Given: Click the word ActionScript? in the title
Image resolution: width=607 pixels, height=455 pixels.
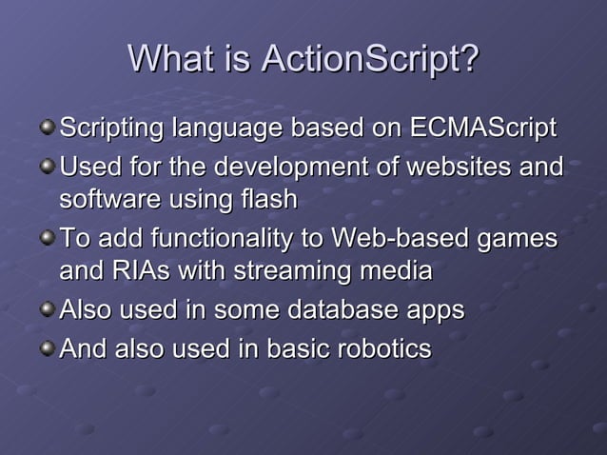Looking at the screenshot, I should click(369, 61).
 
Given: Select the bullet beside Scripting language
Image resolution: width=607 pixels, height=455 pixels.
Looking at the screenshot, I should click(48, 127).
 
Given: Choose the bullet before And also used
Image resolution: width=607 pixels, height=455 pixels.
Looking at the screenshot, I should click(48, 347).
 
